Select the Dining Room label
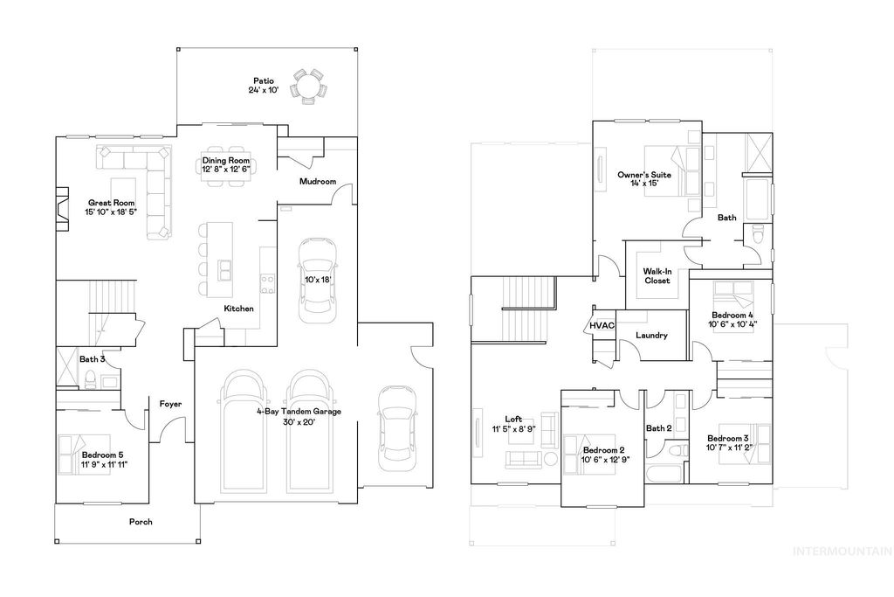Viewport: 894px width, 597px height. [226, 161]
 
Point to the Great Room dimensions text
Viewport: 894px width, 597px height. [111, 212]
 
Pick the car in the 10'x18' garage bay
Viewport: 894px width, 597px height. [315, 279]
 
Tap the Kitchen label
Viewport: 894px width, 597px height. [238, 309]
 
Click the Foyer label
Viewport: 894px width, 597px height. [169, 404]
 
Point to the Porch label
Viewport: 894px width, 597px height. [141, 522]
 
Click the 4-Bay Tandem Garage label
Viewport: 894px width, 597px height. [298, 411]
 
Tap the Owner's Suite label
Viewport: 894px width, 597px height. [637, 175]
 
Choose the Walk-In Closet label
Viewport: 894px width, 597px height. [657, 275]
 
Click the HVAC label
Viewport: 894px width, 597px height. [602, 325]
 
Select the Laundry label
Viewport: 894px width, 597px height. [651, 335]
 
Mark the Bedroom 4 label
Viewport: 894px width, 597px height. [732, 315]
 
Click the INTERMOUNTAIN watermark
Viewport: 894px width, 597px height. [841, 551]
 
